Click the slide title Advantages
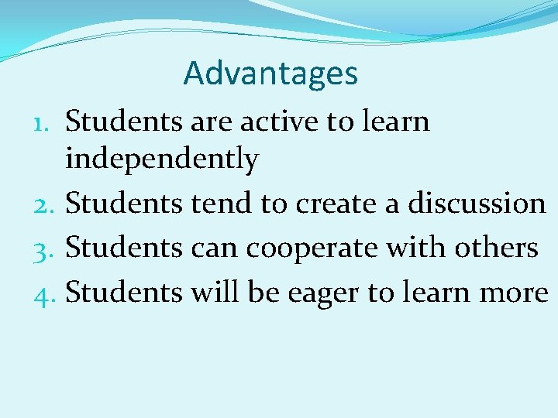point(270,74)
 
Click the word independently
point(162,159)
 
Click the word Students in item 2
point(124,204)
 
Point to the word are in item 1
point(210,122)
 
